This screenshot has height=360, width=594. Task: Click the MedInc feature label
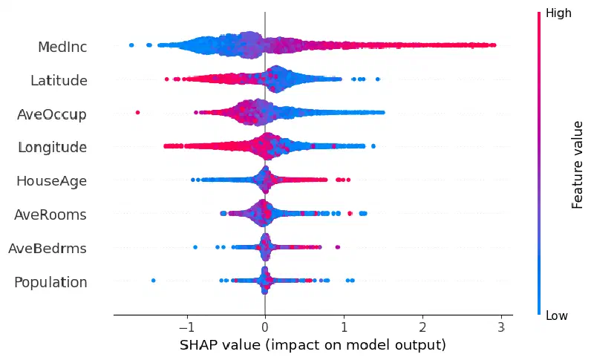click(x=62, y=47)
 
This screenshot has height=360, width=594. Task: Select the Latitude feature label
click(x=59, y=80)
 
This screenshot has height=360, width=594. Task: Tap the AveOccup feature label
click(x=51, y=114)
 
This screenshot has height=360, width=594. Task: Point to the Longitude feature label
click(x=52, y=147)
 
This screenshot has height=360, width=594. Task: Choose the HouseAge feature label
click(x=51, y=181)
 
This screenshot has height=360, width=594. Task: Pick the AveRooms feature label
click(x=50, y=215)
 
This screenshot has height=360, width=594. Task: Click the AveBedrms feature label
click(x=48, y=249)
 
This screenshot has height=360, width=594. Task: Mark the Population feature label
click(x=50, y=282)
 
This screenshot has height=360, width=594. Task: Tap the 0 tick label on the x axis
click(x=265, y=327)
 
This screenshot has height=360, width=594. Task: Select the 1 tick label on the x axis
click(x=344, y=327)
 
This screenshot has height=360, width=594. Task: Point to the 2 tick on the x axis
click(x=422, y=327)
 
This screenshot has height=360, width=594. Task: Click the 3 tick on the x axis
click(x=501, y=327)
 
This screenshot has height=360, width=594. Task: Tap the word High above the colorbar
click(x=558, y=13)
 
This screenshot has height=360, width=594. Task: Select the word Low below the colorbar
click(x=556, y=315)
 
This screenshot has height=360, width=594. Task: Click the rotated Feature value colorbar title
click(x=577, y=165)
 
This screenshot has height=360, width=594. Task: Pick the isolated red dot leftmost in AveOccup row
click(x=137, y=112)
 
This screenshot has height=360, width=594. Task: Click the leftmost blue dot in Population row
click(x=154, y=281)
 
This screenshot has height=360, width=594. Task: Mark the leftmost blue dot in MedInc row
click(x=131, y=45)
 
